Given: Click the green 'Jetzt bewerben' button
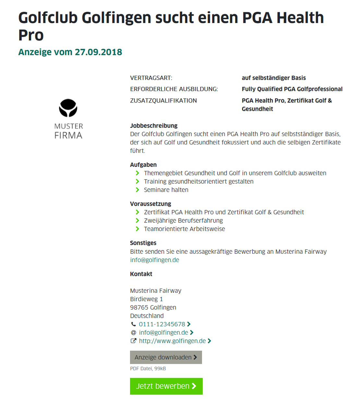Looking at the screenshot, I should point(166,386).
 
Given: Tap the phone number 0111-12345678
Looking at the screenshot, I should point(162,324).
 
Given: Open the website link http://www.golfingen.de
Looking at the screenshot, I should point(172,341).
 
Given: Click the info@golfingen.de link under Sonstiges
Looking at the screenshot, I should point(154,260).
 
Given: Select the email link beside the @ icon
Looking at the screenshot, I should point(163,333).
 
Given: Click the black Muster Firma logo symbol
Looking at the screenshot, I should point(68,108).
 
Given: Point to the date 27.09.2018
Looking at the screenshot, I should point(98,52).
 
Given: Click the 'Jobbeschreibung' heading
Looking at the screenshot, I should point(154,126).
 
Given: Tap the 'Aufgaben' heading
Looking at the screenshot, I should point(143,165).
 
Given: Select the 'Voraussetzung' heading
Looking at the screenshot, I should point(150,204).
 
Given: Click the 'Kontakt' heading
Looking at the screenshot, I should point(141,274).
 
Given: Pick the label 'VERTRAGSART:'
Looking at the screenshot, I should point(151,78).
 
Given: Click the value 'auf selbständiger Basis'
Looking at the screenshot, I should point(274,78).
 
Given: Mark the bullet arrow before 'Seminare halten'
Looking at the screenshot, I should point(138,190).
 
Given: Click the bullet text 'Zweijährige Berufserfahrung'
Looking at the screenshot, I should point(183,221).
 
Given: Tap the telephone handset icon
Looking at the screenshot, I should point(133,324).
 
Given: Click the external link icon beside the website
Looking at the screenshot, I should point(133,341).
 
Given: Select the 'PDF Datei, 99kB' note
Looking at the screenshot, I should point(148,369).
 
